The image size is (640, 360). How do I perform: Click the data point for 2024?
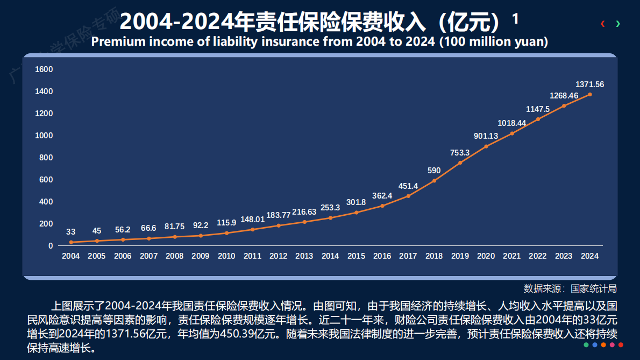point(589,94)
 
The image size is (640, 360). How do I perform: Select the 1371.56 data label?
point(589,84)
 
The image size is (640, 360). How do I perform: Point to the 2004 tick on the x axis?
point(70,256)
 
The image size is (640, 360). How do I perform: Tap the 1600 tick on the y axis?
point(44,69)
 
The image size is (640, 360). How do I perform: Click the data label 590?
point(434,171)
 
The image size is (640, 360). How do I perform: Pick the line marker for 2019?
point(460,163)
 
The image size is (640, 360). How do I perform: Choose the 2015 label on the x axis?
point(356,256)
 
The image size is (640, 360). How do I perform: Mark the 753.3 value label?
point(460,153)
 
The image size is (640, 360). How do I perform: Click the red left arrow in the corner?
point(603,24)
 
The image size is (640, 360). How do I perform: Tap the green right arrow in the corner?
point(618,24)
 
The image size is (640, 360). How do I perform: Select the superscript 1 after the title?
point(515,19)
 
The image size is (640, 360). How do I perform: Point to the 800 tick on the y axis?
point(46,158)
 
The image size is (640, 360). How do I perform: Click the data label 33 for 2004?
point(70,232)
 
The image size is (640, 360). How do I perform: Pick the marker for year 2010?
point(226,233)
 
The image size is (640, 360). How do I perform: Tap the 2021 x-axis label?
point(511,256)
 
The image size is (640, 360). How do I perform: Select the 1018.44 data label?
point(511,123)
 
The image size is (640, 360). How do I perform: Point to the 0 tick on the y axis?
point(51,246)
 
